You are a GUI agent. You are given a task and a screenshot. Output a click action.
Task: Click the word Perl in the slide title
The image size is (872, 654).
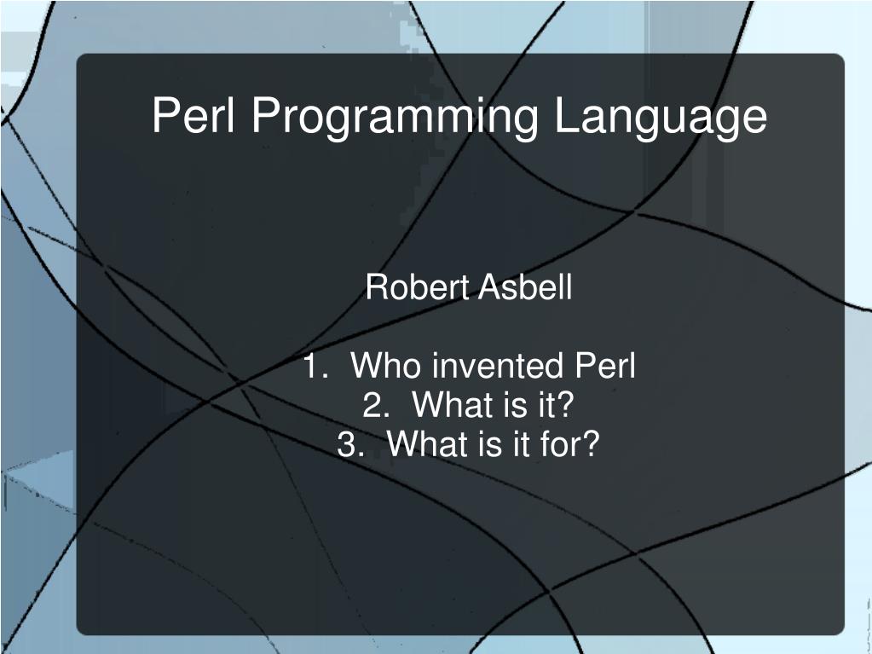tap(193, 114)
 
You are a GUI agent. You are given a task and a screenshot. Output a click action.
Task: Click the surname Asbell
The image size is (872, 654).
tap(524, 287)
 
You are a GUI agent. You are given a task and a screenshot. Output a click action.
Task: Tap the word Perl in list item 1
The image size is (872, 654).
tap(604, 366)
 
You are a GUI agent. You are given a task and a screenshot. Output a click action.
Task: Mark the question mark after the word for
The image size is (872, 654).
tap(590, 443)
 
